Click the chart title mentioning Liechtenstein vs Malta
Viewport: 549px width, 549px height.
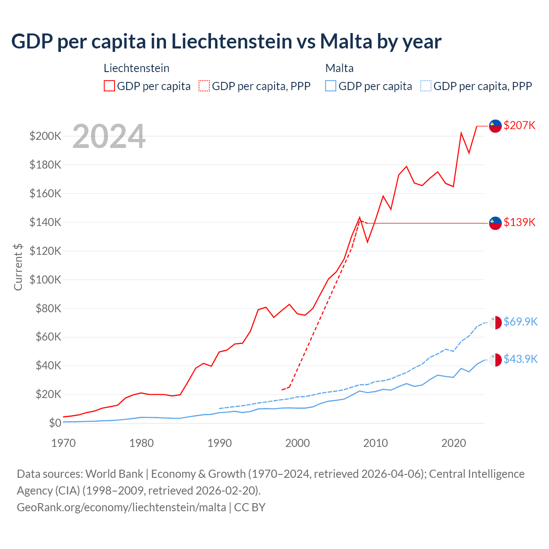click(x=226, y=42)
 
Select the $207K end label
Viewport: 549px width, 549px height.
click(x=519, y=125)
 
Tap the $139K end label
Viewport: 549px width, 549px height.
click(x=519, y=222)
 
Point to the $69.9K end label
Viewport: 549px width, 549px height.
click(x=520, y=322)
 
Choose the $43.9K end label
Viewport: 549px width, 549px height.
click(x=520, y=359)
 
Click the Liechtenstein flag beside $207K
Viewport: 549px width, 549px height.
click(x=495, y=126)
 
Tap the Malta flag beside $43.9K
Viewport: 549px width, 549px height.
click(x=495, y=360)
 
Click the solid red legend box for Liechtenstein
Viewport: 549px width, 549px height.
click(x=109, y=86)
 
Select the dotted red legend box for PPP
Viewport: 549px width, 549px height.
click(x=204, y=86)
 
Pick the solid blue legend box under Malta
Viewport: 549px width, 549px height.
click(x=331, y=86)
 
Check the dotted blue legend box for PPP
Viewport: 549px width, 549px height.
click(x=426, y=86)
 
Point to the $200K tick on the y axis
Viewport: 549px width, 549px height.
click(x=45, y=136)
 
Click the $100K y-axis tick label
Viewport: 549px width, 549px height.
click(x=45, y=280)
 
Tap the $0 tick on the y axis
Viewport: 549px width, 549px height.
click(x=55, y=423)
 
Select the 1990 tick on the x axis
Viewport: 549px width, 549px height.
click(x=220, y=443)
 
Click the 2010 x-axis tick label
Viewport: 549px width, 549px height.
click(x=376, y=443)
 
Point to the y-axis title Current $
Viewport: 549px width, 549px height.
click(x=18, y=267)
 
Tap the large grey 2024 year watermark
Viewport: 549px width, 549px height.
click(x=109, y=137)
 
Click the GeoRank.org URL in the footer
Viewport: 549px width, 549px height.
click(x=121, y=507)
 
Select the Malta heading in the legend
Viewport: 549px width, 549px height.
click(x=339, y=68)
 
